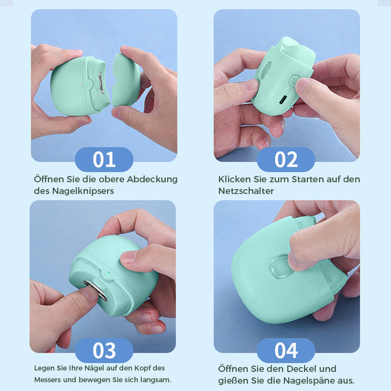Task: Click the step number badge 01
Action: point(104,160)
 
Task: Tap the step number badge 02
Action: point(286,160)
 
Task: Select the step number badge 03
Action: point(104,350)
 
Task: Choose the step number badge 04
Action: point(286,350)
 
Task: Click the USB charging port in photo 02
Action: point(283,99)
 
